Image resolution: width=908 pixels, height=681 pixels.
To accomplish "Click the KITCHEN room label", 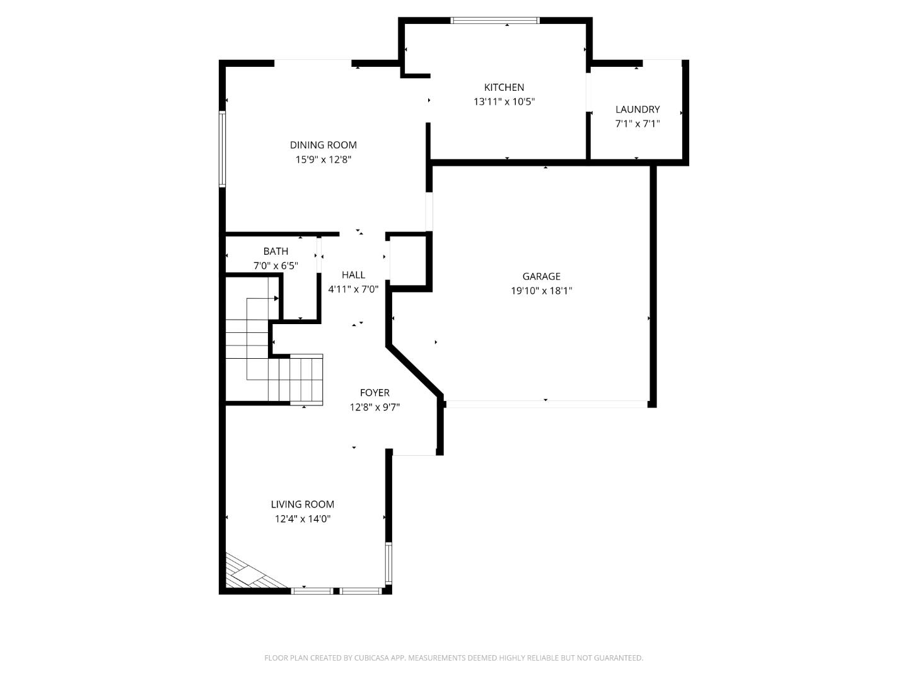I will (504, 87).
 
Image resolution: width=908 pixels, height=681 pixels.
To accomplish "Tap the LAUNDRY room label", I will (637, 109).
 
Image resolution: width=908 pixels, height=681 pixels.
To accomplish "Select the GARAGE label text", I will (541, 276).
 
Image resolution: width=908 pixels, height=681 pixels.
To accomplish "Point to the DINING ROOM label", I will (323, 145).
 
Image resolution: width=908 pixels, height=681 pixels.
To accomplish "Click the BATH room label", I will (276, 251).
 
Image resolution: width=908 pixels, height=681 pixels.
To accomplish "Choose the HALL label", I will (353, 275).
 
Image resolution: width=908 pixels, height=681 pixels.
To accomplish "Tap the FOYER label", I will (375, 393).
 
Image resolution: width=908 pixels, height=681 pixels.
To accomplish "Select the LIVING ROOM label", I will (303, 504).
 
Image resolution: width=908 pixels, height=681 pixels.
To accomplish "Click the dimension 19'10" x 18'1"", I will (541, 291).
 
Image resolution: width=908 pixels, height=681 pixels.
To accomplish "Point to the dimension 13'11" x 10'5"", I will (504, 102).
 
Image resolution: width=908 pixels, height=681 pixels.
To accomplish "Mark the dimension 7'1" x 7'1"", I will (637, 124).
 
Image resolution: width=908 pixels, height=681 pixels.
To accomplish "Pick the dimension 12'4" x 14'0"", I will (303, 519).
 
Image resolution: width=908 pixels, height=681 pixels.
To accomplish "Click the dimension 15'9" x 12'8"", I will (323, 160).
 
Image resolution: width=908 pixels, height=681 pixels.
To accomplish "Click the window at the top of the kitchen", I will (496, 20).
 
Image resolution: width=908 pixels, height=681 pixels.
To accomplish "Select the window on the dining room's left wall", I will (222, 149).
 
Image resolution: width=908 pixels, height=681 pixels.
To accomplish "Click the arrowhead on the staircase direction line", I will (276, 298).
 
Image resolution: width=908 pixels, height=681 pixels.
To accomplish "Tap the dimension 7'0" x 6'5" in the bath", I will (276, 265).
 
